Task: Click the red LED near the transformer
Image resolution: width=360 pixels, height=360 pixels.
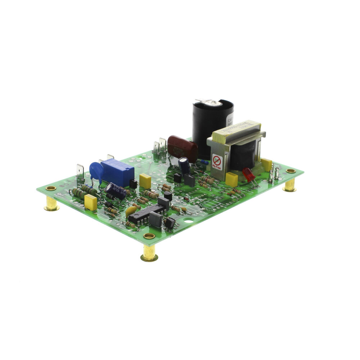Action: pyautogui.click(x=248, y=175)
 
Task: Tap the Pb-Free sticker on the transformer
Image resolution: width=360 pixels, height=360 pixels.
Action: pyautogui.click(x=217, y=162)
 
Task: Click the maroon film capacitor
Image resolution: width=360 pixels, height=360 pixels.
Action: pyautogui.click(x=182, y=147)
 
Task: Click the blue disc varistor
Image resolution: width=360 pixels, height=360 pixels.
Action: pyautogui.click(x=96, y=171)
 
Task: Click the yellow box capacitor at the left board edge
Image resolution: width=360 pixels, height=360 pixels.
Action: pyautogui.click(x=90, y=203)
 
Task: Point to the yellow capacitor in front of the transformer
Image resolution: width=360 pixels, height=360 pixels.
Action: pyautogui.click(x=231, y=179)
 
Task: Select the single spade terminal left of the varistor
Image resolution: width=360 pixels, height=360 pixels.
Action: pyautogui.click(x=80, y=172)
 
